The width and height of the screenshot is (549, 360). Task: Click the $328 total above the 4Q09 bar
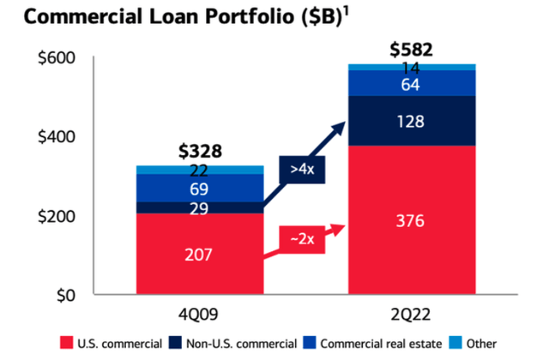200,152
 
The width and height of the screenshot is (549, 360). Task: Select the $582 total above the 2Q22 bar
411,49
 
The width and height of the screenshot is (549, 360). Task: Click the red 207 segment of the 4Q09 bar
200,254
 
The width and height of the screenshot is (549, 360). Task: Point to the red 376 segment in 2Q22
411,220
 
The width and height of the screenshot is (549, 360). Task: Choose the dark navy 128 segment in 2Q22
411,121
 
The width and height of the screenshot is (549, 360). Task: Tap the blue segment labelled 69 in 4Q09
200,188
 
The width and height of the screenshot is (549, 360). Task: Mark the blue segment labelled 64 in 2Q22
411,83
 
